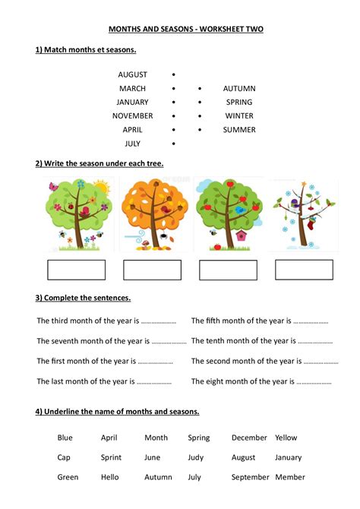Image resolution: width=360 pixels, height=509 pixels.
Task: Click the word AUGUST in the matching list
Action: (x=133, y=74)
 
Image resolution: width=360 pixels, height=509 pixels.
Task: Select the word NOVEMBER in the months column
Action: (x=133, y=116)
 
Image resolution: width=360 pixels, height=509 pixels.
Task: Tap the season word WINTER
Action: (x=239, y=116)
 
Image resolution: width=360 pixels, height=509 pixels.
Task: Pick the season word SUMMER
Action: (x=239, y=130)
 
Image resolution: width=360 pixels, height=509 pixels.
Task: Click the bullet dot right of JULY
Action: (x=174, y=144)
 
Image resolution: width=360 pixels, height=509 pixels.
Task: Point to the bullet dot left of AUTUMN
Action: (x=200, y=89)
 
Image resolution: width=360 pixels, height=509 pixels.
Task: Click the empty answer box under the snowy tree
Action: (x=304, y=270)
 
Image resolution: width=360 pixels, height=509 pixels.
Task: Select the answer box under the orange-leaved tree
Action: (x=152, y=270)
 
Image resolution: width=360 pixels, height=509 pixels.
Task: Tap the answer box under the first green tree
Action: (x=77, y=270)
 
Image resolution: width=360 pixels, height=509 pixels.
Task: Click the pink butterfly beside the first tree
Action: (x=53, y=186)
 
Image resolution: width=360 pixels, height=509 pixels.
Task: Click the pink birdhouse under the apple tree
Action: (x=242, y=236)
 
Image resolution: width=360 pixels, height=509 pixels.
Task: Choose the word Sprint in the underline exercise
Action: (x=111, y=457)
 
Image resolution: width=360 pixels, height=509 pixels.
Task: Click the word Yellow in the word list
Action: (x=286, y=438)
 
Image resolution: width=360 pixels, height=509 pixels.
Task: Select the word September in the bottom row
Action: (x=251, y=477)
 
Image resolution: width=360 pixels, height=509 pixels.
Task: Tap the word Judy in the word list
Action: (x=196, y=457)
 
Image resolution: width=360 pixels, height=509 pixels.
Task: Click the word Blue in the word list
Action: (x=65, y=438)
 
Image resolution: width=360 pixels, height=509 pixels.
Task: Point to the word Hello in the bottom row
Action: (x=110, y=477)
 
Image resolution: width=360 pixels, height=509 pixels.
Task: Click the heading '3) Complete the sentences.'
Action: (x=83, y=298)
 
